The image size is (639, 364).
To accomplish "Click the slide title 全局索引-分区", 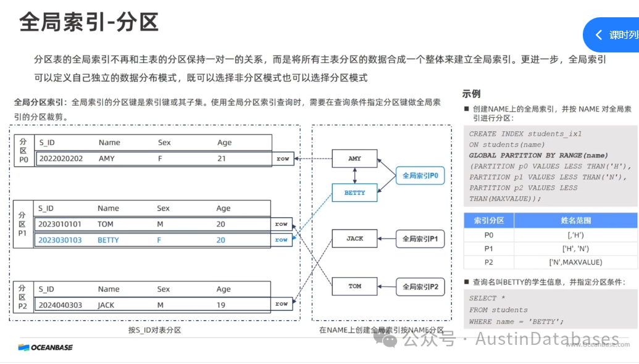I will point(90,22).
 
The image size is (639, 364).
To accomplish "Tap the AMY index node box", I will point(354,159).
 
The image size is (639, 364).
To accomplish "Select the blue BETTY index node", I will point(354,192).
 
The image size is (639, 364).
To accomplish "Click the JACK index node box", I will point(354,239).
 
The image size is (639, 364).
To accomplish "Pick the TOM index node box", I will point(354,286).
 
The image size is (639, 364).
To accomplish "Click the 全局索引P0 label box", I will point(420,176).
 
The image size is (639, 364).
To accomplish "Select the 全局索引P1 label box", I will point(420,239).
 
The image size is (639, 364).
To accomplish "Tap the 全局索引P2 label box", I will point(420,286).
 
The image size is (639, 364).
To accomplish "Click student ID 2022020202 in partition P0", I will point(61,159).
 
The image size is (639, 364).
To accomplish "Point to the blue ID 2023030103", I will point(60,240).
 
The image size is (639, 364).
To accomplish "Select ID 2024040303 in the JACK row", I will point(60,305).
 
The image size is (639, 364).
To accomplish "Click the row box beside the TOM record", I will point(282,224).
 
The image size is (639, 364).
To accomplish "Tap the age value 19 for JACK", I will point(221,305).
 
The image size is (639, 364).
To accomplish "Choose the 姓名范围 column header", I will point(575,220).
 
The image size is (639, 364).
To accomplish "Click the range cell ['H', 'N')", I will point(575,249).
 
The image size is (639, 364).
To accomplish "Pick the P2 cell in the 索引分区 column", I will point(488,262).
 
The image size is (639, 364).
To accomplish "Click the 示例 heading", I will point(471,94).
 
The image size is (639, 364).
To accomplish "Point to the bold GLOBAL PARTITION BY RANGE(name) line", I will point(538,155).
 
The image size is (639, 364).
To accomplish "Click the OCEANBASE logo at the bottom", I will point(46,347).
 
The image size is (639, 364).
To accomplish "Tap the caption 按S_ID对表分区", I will point(154,330).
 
